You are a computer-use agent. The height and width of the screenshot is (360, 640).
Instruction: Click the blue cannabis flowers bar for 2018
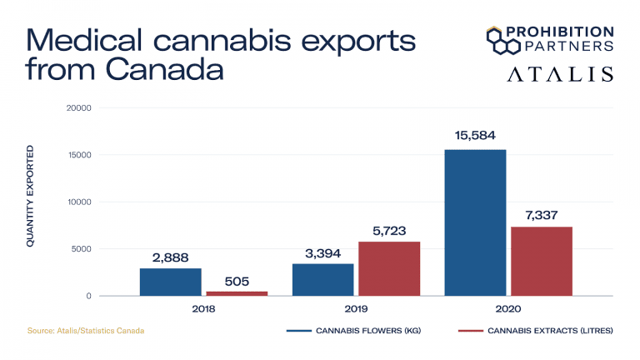(170, 282)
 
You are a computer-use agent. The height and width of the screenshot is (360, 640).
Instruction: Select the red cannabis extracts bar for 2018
(237, 292)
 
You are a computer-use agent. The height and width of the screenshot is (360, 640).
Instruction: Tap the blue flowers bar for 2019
(322, 279)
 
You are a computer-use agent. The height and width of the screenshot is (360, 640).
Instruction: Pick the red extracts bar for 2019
(389, 268)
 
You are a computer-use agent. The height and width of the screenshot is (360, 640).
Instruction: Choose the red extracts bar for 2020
(542, 261)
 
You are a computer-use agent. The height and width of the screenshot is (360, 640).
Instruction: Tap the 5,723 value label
(389, 228)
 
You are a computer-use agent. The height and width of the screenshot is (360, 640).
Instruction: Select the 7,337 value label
(542, 214)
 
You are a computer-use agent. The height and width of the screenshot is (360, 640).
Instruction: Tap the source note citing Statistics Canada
(86, 331)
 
